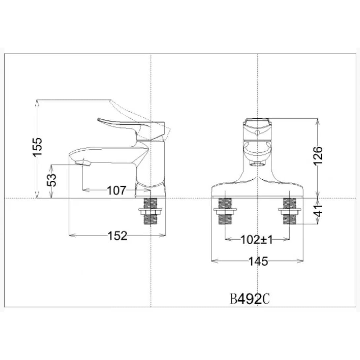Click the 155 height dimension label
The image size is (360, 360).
coord(37,147)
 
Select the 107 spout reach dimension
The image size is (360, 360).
coord(117,190)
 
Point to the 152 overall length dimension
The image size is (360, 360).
coord(117,235)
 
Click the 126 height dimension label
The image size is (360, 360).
coord(318,156)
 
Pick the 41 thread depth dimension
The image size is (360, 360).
coord(318,211)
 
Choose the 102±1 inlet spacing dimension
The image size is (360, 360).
coord(257,240)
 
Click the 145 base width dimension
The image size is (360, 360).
coord(258,261)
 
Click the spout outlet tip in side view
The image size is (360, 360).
coord(83,163)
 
